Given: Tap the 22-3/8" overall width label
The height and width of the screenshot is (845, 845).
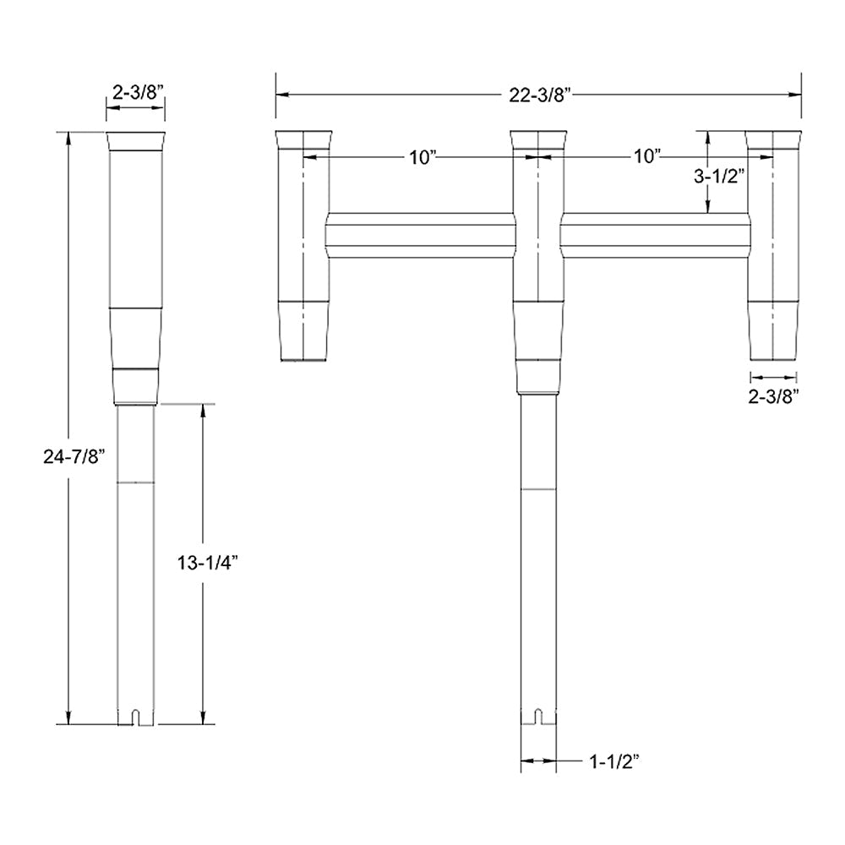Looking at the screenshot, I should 538,95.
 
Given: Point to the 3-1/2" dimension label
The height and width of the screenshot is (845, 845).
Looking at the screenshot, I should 717,177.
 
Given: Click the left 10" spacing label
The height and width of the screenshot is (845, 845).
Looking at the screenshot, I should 419,156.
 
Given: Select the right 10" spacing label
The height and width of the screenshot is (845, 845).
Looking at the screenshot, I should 646,156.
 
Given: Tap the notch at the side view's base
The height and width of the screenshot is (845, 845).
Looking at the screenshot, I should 135,718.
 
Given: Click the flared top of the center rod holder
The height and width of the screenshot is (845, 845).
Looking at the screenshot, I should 538,140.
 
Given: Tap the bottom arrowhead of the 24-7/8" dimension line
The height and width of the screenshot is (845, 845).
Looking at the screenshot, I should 68,717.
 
